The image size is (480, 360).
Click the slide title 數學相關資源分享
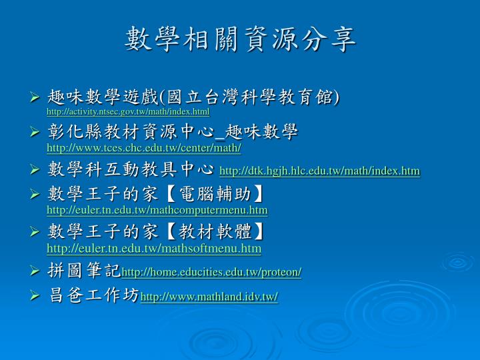pos(240,39)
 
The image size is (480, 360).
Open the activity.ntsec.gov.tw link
pos(128,111)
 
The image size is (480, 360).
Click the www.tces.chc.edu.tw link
pos(144,148)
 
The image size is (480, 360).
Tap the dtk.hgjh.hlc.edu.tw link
pos(319,171)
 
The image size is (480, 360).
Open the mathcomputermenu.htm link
pos(157,210)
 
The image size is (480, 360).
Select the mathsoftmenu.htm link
pos(154,248)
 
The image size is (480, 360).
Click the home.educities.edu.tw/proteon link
pos(211,272)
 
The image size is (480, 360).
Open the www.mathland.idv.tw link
pos(209,297)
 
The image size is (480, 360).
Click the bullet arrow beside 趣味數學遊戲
pos(35,97)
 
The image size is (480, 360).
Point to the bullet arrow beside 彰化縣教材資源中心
pos(35,132)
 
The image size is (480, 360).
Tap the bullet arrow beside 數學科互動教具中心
pos(35,169)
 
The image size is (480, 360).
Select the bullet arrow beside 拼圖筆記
pos(35,271)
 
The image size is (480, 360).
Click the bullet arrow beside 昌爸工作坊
pos(35,295)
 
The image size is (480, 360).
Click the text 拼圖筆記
pos(84,270)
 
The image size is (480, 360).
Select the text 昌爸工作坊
pos(94,295)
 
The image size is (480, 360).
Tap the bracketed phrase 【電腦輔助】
pos(215,194)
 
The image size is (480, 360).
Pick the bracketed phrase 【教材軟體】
pos(215,231)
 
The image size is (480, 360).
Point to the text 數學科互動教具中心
pos(131,169)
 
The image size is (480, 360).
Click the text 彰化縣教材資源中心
pos(131,131)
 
